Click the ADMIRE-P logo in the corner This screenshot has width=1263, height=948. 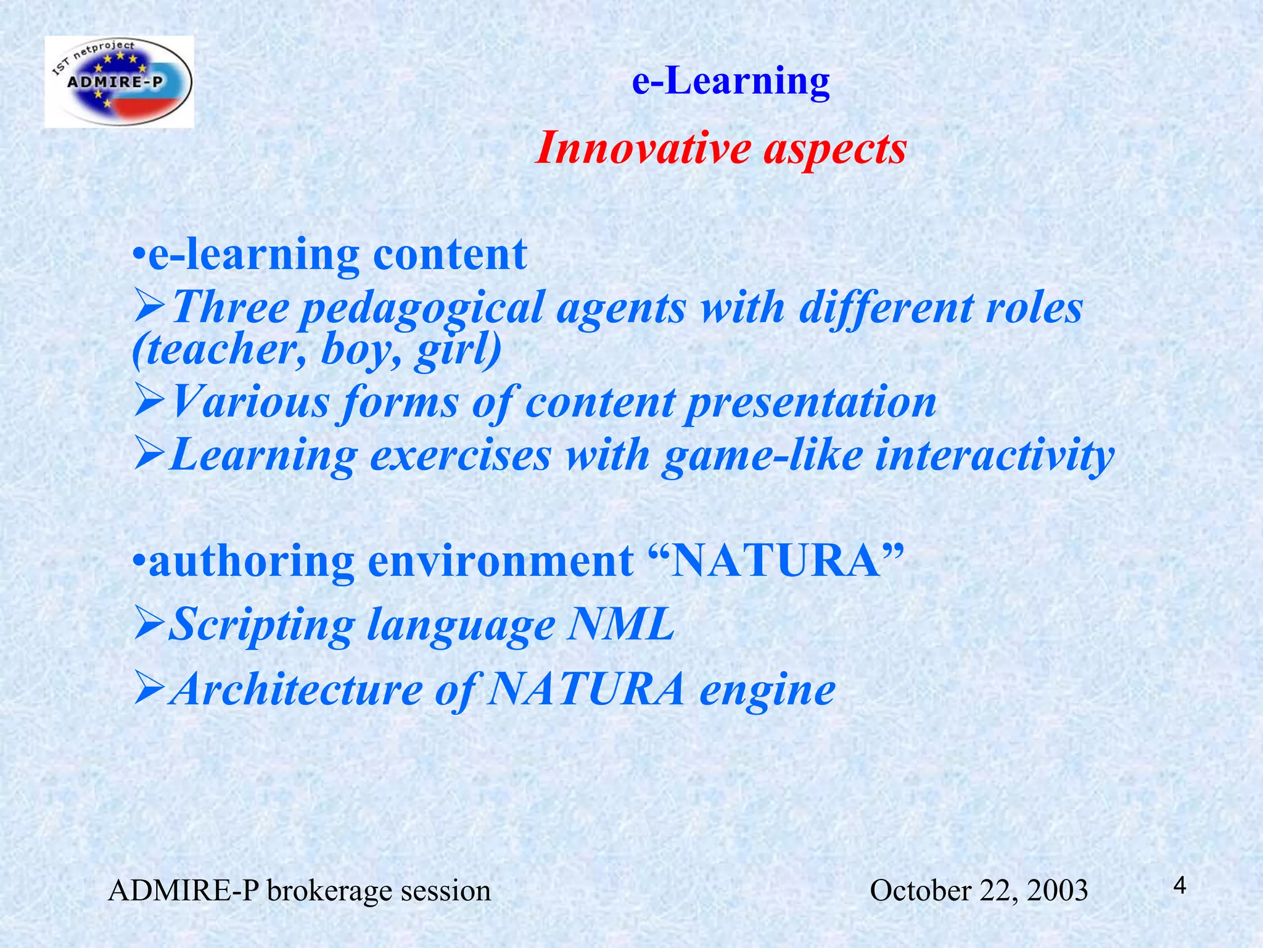(x=119, y=81)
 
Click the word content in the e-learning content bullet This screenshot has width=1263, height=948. (x=450, y=254)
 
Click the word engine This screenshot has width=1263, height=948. (x=767, y=690)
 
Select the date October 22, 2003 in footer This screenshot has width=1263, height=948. (x=978, y=891)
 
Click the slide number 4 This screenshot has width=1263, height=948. (x=1179, y=886)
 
